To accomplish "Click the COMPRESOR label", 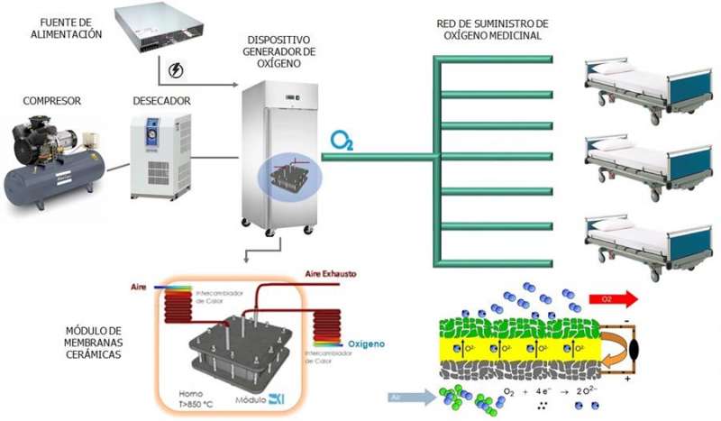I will tap(50, 100).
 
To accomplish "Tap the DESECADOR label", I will tap(160, 101).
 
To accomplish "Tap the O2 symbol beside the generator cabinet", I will tap(342, 141).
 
